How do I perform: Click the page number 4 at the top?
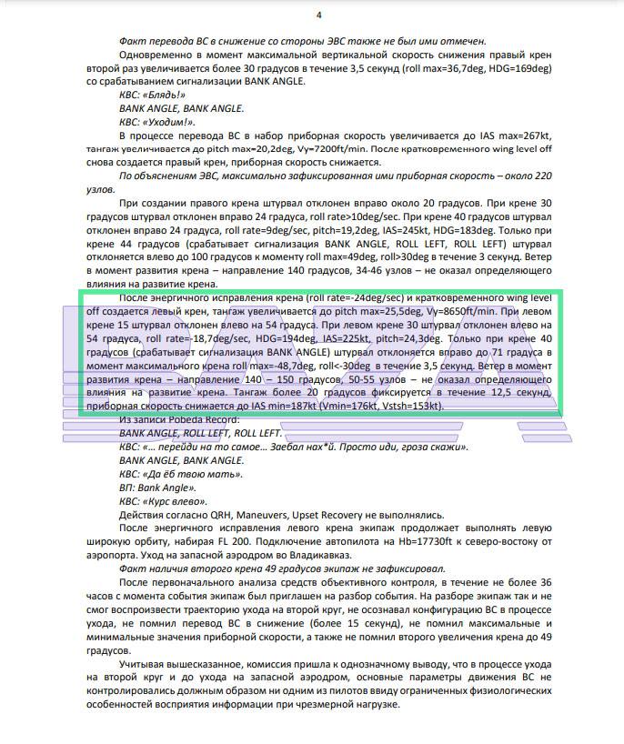[x=318, y=15]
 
